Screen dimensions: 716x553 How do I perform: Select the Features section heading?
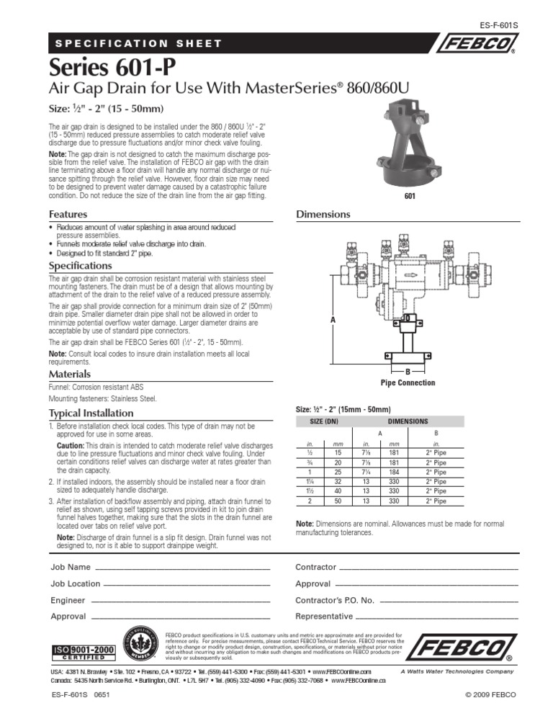[x=68, y=215]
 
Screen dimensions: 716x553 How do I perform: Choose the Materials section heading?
[x=69, y=375]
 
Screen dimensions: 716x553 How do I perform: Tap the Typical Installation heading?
[x=91, y=413]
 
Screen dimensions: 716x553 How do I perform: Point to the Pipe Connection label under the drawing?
[x=408, y=382]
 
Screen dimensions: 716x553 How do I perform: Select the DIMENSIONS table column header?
[x=408, y=421]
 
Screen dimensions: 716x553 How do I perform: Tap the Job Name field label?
[x=71, y=568]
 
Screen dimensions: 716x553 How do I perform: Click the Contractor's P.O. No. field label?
[x=335, y=600]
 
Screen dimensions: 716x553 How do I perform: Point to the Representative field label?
[x=325, y=617]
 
